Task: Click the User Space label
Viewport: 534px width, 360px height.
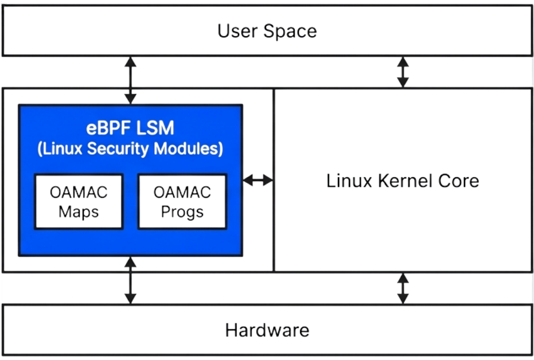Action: (x=267, y=31)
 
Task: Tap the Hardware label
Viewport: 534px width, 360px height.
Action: (x=267, y=330)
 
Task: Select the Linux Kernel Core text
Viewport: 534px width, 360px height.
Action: (x=403, y=181)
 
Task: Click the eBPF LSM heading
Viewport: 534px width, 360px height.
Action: (x=130, y=127)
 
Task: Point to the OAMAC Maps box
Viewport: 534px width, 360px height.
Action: (x=79, y=201)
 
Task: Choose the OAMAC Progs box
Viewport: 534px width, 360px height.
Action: (x=182, y=201)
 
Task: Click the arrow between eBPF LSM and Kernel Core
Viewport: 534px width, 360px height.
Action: (x=258, y=180)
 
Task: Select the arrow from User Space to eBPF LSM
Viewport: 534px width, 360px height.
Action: (x=131, y=80)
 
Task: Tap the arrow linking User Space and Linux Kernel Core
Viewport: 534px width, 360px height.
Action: (x=403, y=72)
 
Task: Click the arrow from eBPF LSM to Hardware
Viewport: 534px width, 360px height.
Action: (x=131, y=280)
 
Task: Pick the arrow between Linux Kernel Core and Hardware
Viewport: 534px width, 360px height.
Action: (x=403, y=288)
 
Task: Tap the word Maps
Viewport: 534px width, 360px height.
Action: (x=79, y=212)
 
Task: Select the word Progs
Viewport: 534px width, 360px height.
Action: (x=182, y=212)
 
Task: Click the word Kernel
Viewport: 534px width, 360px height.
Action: (x=406, y=181)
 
